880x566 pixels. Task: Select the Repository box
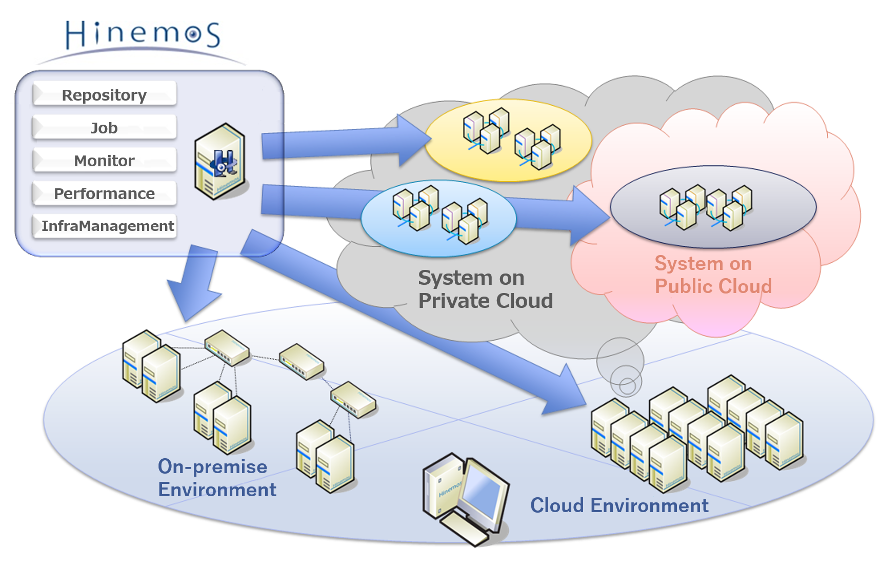pyautogui.click(x=105, y=94)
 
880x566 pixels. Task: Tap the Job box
pyautogui.click(x=105, y=127)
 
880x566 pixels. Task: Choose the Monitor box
pyautogui.click(x=105, y=160)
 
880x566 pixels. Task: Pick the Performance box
pyautogui.click(x=105, y=193)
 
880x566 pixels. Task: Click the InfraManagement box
pyautogui.click(x=105, y=226)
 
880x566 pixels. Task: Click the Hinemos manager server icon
pyautogui.click(x=220, y=161)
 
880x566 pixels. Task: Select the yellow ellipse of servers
pyautogui.click(x=508, y=140)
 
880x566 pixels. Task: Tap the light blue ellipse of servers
pyautogui.click(x=438, y=218)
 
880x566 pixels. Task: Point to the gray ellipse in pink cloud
pyautogui.click(x=713, y=206)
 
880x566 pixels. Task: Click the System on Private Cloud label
pyautogui.click(x=485, y=289)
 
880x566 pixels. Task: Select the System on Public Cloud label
pyautogui.click(x=713, y=275)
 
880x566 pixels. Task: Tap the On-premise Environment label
pyautogui.click(x=217, y=478)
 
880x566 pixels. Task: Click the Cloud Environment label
pyautogui.click(x=619, y=505)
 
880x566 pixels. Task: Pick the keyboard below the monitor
pyautogui.click(x=465, y=529)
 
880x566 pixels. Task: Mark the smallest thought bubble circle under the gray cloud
pyautogui.click(x=627, y=386)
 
